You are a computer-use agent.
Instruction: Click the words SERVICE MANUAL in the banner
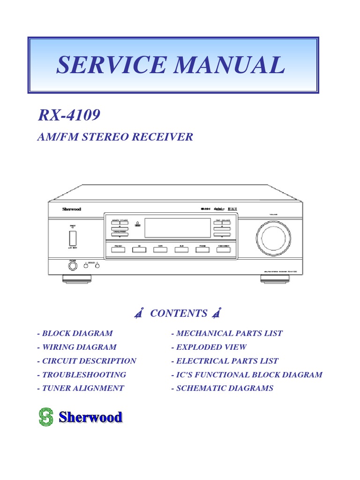point(171,65)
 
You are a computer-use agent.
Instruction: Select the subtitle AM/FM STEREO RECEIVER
point(115,137)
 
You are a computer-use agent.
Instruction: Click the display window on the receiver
point(178,228)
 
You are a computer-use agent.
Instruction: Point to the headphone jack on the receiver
point(73,266)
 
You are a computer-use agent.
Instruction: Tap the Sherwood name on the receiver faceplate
point(72,209)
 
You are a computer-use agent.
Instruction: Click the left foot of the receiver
point(76,279)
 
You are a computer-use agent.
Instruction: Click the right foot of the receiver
point(274,279)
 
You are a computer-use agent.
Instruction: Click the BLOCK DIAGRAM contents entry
point(75,334)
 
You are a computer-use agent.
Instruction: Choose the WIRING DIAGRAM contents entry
point(77,347)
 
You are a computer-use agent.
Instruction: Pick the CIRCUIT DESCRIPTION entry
point(87,361)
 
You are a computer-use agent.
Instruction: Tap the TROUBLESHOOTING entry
point(82,375)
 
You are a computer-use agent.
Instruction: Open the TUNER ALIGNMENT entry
point(81,388)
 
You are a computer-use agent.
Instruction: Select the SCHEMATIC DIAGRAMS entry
point(222,388)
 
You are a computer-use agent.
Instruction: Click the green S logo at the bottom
point(46,417)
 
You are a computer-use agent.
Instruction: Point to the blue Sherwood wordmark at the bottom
point(90,417)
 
